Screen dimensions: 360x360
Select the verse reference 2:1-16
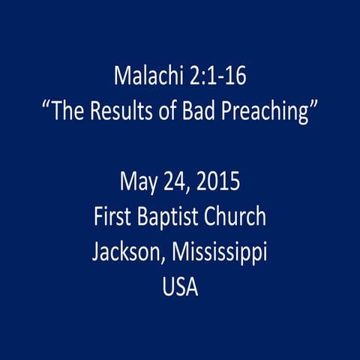point(212,76)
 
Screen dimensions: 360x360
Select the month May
point(136,182)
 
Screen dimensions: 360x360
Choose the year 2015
point(217,182)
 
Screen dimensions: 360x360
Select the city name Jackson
point(122,253)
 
